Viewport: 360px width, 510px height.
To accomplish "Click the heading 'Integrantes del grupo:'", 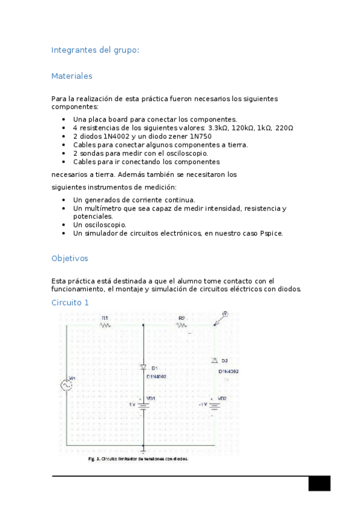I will tap(95, 51).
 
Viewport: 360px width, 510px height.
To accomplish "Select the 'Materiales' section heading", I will tap(72, 76).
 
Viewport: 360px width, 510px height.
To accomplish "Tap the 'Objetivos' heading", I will tap(70, 258).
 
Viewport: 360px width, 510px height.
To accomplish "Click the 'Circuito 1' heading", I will tap(70, 303).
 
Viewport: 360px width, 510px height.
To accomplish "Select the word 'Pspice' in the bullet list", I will tap(270, 233).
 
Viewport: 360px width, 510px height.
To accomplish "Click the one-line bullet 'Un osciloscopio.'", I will tap(100, 224).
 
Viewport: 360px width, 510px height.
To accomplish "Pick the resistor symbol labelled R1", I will tap(105, 325).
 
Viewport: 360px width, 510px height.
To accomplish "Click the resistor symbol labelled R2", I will tap(182, 325).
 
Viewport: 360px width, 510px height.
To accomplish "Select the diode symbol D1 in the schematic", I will tap(143, 367).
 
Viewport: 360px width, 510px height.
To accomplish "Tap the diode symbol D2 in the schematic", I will tap(215, 360).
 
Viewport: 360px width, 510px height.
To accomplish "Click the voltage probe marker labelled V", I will tap(225, 314).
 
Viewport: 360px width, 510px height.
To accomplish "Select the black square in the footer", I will tap(319, 484).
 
